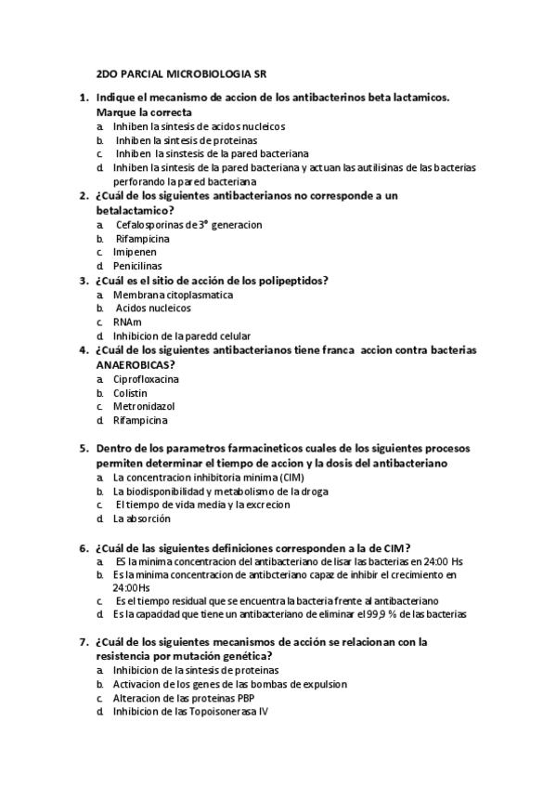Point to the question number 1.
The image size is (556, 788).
coord(83,98)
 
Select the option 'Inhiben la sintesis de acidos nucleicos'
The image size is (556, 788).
coord(199,126)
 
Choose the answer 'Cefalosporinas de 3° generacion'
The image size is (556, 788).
coord(188,225)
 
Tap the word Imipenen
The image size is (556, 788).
coord(135,252)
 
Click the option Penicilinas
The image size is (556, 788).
coord(137,266)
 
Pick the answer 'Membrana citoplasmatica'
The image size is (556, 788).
coord(173,295)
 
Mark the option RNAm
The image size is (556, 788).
coord(127,322)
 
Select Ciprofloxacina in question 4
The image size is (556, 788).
coord(146,379)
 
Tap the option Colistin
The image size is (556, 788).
coord(130,393)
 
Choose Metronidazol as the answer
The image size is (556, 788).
coord(144,407)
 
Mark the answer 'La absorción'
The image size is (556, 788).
coord(141,519)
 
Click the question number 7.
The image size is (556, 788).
coord(83,642)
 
